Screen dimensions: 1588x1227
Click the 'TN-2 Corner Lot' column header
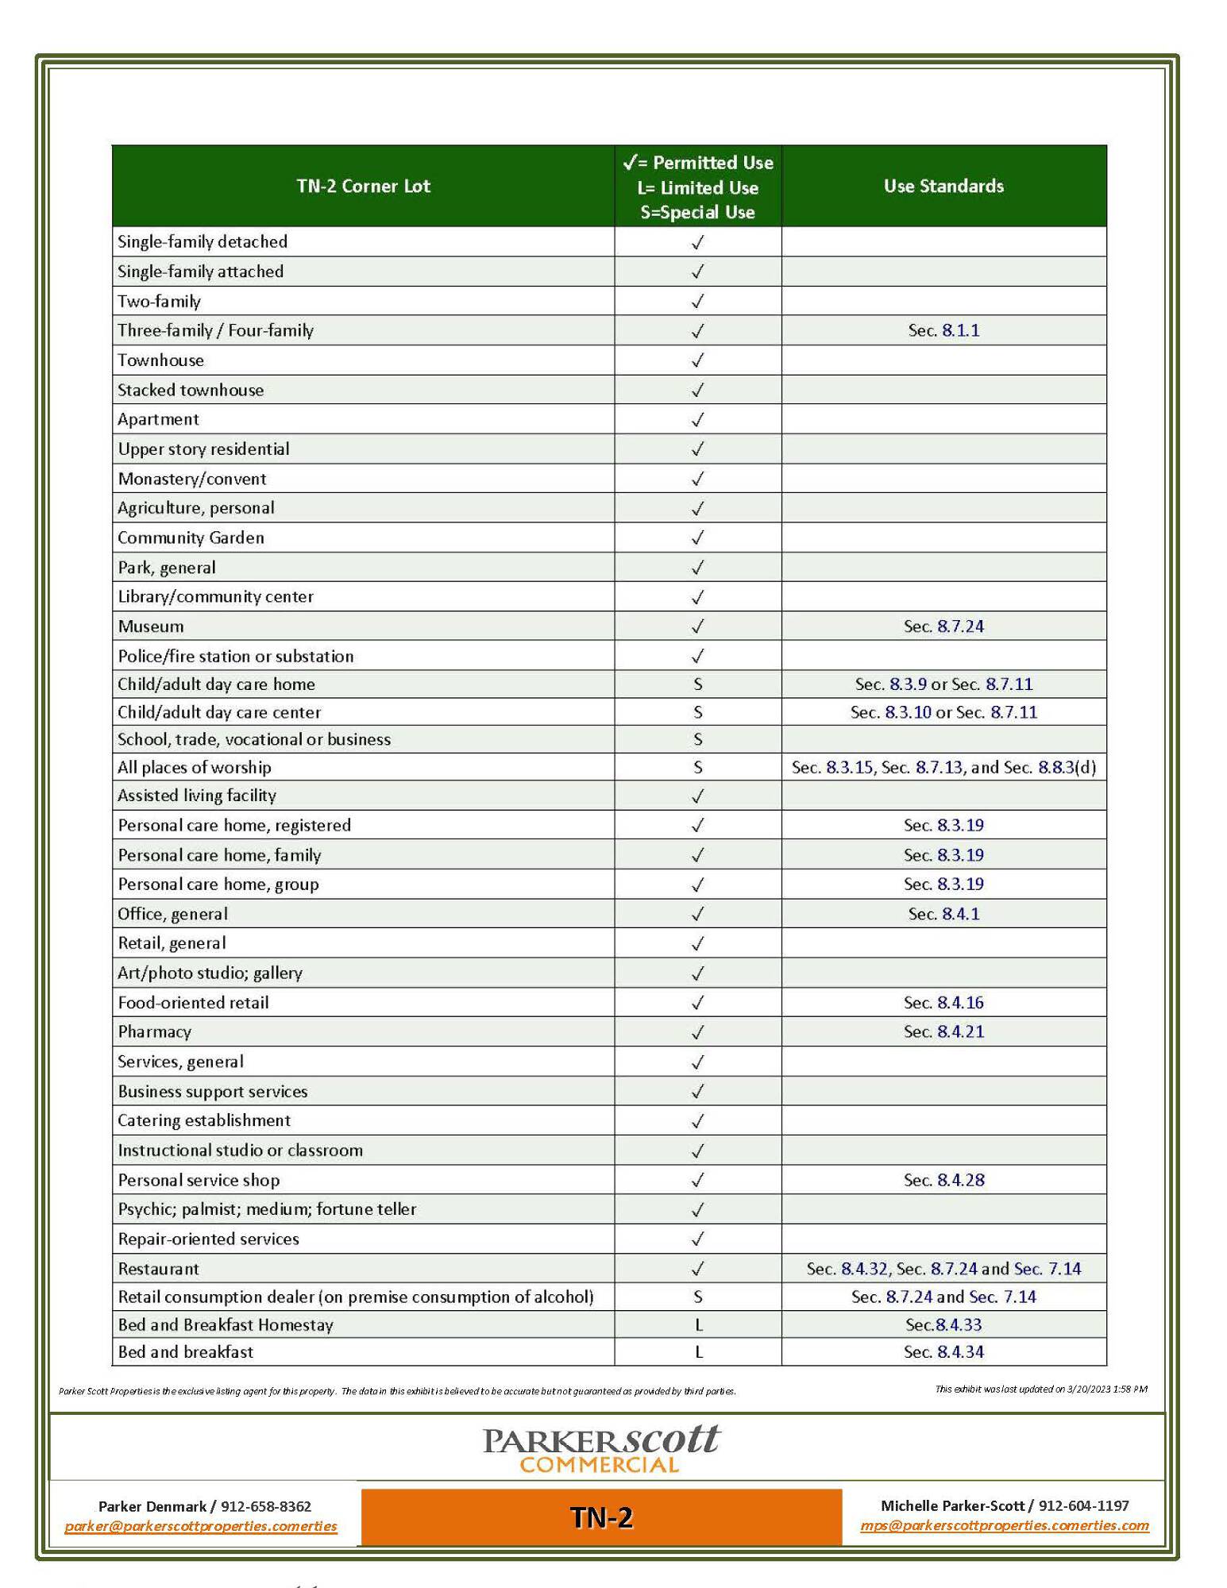[x=363, y=187]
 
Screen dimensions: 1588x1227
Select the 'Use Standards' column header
[x=943, y=187]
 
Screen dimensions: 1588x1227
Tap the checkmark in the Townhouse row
[x=697, y=360]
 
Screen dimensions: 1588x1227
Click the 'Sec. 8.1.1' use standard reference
[x=943, y=331]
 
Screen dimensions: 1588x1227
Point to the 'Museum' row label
[x=151, y=626]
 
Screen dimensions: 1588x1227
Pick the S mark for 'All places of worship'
[x=697, y=768]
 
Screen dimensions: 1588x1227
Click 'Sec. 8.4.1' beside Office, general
[x=943, y=914]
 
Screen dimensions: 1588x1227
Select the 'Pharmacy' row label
[x=155, y=1032]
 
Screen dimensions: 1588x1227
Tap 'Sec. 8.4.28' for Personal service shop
[x=943, y=1180]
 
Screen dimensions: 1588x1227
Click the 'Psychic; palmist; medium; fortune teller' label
[x=267, y=1209]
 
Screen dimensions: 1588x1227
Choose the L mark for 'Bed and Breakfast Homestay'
[x=698, y=1325]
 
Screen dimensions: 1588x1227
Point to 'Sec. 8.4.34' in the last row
[x=943, y=1352]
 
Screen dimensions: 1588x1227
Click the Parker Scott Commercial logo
[x=601, y=1449]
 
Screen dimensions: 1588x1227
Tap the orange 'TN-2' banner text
[x=601, y=1517]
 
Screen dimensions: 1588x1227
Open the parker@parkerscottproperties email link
[x=201, y=1526]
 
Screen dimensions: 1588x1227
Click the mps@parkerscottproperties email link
[x=1005, y=1525]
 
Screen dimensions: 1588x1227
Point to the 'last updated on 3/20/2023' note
[x=1040, y=1389]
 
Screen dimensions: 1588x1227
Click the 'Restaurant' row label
[x=159, y=1269]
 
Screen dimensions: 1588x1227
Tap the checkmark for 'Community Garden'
[x=697, y=538]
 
